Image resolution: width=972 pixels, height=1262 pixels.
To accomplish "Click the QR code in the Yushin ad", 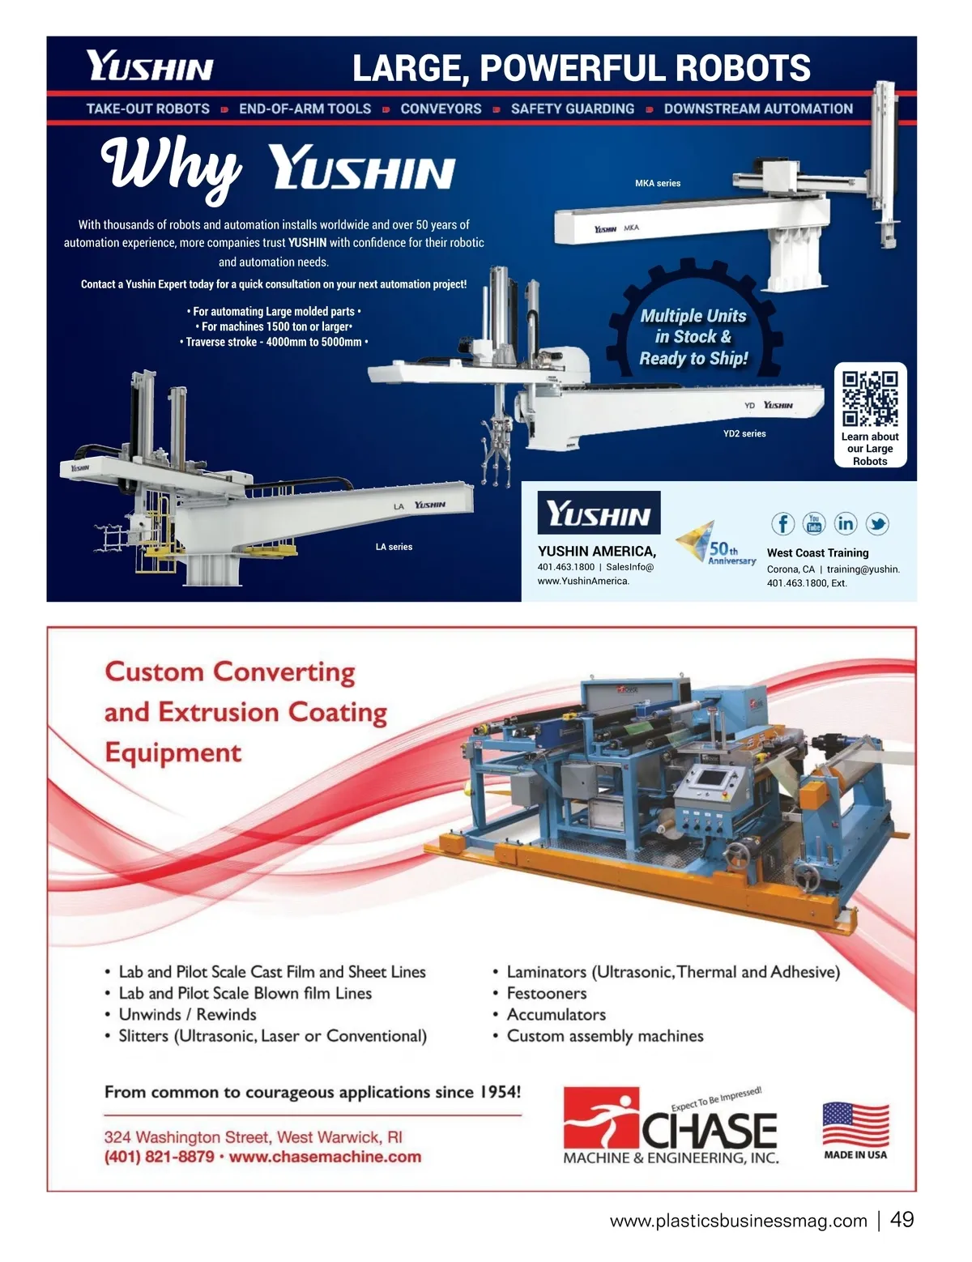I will (870, 399).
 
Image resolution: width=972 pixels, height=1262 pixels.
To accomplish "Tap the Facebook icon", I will (782, 524).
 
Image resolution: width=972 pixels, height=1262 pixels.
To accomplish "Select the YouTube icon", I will (814, 524).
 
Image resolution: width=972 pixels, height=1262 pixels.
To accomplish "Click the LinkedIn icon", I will (846, 524).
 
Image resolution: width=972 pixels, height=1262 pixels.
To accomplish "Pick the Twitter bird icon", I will (877, 524).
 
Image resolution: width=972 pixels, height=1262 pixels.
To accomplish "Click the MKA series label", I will (658, 184).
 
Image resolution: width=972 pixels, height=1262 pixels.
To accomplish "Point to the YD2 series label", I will (744, 434).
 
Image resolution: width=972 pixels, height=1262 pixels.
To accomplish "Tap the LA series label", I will (394, 548).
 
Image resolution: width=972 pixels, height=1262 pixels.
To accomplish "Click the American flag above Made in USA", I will (855, 1123).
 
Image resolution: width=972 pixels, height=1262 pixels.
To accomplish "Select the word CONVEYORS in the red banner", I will (441, 109).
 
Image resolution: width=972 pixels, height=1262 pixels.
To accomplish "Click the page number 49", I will (902, 1220).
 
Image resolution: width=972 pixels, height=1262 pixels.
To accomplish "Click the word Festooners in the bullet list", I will (547, 994).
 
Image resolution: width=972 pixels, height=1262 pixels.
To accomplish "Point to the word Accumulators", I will (556, 1015).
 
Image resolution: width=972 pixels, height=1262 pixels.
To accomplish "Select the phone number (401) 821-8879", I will (160, 1158).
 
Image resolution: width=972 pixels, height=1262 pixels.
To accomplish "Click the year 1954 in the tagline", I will (497, 1093).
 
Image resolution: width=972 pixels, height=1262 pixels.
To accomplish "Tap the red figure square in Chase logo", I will (601, 1117).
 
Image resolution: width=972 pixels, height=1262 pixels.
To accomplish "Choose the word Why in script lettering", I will (171, 166).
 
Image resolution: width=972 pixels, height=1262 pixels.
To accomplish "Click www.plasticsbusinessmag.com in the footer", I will (738, 1221).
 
